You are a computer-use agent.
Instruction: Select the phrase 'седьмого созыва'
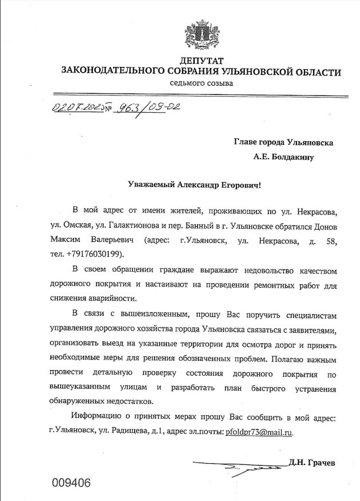coord(201,83)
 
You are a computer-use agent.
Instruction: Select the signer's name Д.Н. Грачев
coord(312,462)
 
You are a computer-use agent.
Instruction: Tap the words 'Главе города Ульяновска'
coord(283,141)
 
